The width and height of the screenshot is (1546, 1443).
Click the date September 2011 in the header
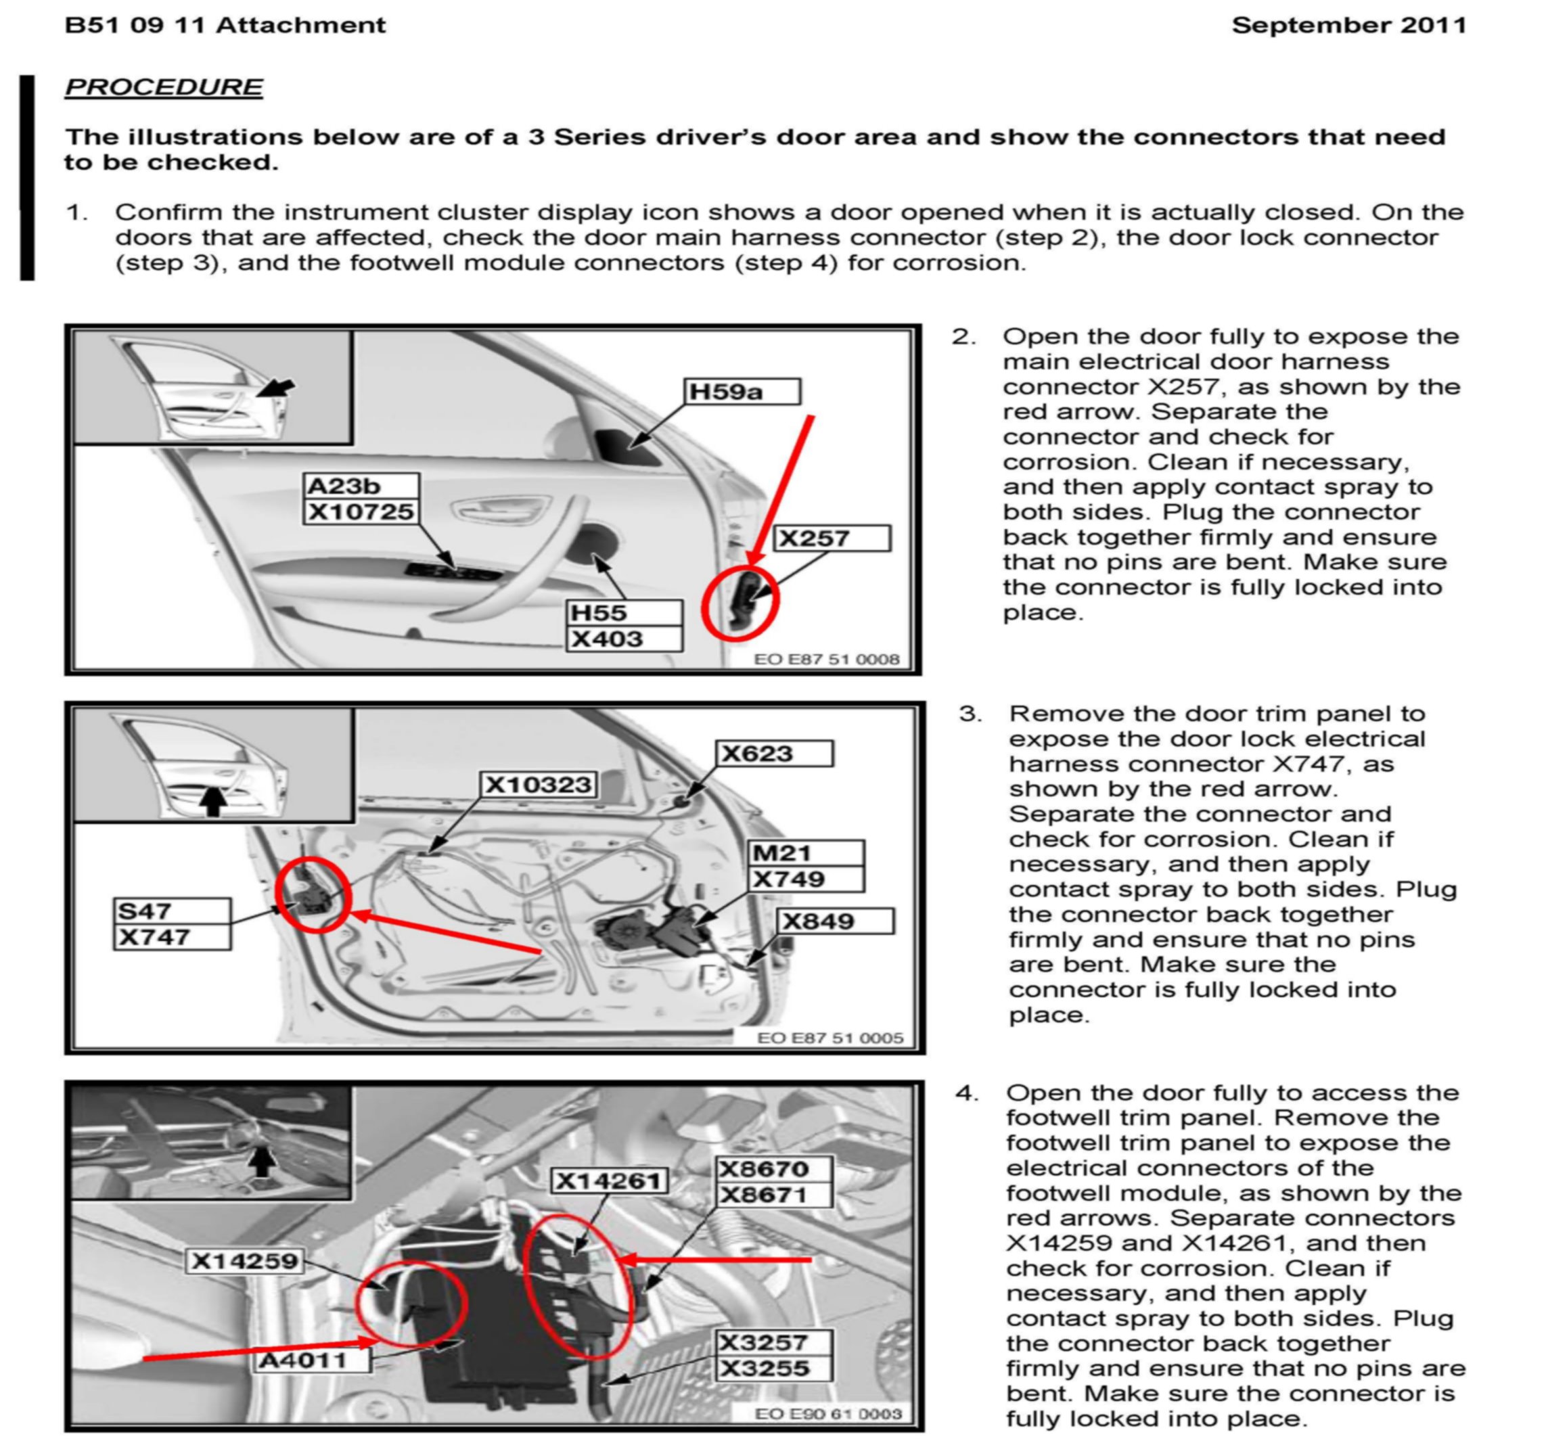(1348, 25)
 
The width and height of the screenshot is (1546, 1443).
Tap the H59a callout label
(741, 391)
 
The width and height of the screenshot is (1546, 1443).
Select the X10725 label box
(360, 511)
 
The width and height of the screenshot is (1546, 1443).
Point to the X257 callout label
(832, 538)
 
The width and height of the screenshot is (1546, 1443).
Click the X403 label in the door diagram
(624, 639)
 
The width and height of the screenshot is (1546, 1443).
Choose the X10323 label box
(538, 785)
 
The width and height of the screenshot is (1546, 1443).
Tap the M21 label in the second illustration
(806, 853)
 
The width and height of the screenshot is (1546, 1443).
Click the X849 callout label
(835, 921)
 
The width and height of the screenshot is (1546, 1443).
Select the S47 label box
(172, 911)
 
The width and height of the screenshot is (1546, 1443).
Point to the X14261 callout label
(609, 1181)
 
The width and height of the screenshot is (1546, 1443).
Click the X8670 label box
(772, 1168)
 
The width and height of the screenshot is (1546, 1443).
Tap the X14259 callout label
(245, 1260)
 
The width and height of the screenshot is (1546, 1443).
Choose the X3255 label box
(772, 1368)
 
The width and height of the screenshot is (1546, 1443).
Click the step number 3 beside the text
(969, 714)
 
